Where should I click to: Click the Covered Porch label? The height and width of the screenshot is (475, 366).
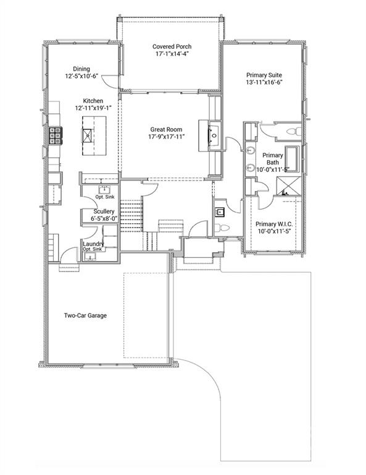(x=172, y=46)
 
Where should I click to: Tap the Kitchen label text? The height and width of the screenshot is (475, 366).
(x=93, y=101)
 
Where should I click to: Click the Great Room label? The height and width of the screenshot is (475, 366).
(x=165, y=129)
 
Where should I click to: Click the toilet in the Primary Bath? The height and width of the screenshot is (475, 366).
(x=294, y=132)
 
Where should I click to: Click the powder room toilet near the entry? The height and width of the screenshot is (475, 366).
(x=225, y=229)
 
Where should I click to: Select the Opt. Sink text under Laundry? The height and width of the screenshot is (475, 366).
(x=94, y=250)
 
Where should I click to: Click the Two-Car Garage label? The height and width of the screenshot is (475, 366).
(x=86, y=315)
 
